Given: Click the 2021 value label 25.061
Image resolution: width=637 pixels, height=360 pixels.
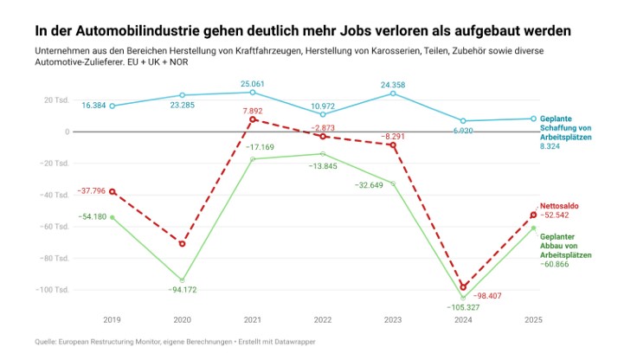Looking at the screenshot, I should [x=252, y=84].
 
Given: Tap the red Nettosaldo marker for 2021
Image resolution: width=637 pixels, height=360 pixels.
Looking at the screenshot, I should [x=252, y=119].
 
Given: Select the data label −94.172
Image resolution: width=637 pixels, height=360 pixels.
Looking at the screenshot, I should [x=182, y=289].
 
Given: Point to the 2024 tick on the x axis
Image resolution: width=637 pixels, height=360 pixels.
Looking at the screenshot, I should [x=463, y=319].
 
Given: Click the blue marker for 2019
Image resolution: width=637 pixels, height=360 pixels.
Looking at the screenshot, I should [x=112, y=106].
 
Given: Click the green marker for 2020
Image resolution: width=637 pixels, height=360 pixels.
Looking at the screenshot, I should [x=182, y=280].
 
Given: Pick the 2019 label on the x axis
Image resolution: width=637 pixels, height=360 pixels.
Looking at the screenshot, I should [x=112, y=319].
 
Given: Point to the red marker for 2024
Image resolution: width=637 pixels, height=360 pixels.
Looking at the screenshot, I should [x=463, y=286].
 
